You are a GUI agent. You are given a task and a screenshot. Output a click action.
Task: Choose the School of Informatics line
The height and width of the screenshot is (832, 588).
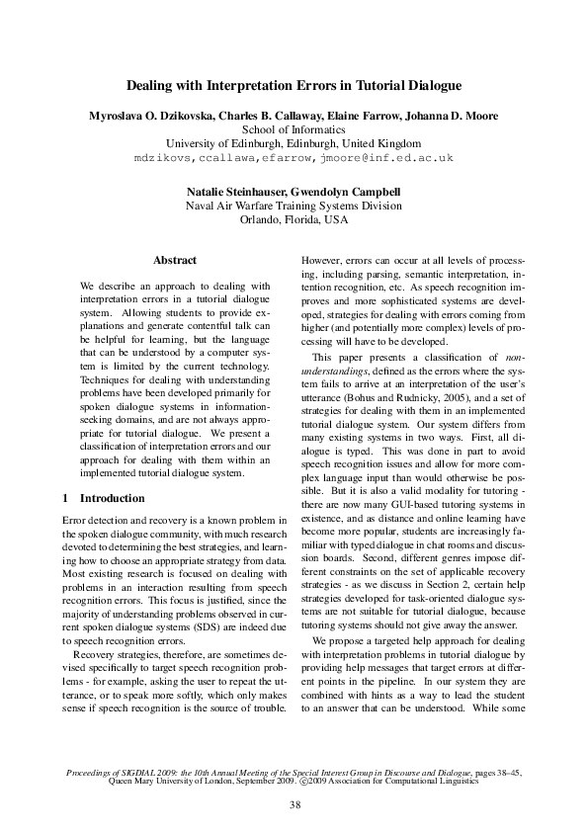point(294,129)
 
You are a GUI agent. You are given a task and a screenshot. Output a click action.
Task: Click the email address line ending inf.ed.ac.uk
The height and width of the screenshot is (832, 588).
point(294,157)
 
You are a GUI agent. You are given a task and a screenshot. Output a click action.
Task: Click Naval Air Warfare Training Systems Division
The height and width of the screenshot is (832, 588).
point(294,206)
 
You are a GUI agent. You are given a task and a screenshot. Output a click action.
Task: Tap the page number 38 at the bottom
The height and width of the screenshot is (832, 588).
point(294,805)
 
